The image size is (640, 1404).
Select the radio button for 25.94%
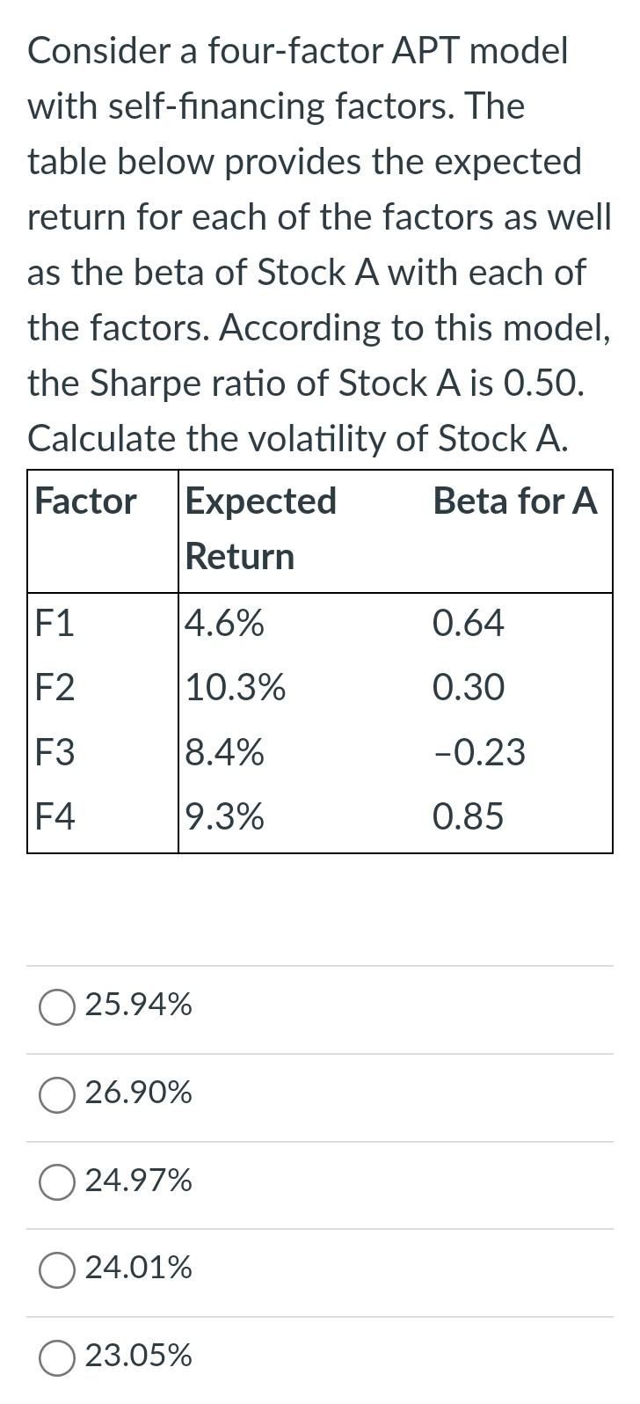(x=57, y=1006)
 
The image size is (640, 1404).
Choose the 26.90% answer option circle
(x=57, y=1094)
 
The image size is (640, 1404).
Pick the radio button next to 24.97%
(x=57, y=1181)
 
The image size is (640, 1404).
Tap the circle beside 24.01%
(x=57, y=1269)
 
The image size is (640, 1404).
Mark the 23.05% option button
(x=57, y=1356)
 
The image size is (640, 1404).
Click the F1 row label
(x=55, y=624)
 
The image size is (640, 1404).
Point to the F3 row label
(x=55, y=753)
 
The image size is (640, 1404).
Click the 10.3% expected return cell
(x=235, y=688)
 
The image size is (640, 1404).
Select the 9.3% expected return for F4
(x=224, y=817)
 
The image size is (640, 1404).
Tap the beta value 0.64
(x=468, y=624)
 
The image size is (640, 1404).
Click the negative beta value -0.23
(x=478, y=753)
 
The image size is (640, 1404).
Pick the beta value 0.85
(x=468, y=817)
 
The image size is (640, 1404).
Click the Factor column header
(x=86, y=501)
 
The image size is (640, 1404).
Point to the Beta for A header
(x=515, y=501)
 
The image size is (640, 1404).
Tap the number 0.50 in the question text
(x=541, y=383)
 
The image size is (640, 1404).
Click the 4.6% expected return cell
(x=224, y=624)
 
